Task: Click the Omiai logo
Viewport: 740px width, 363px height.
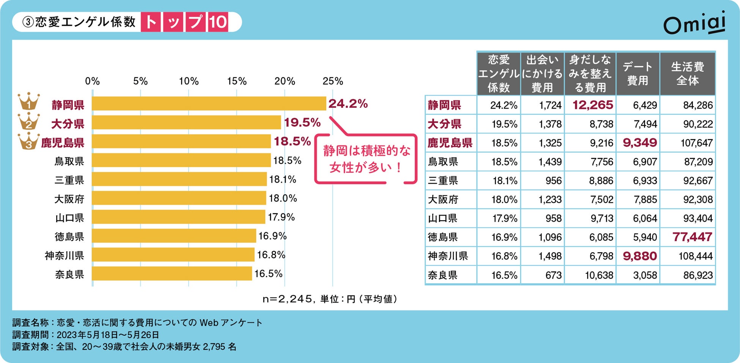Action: pyautogui.click(x=694, y=24)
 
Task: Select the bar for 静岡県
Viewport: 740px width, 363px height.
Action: pyautogui.click(x=209, y=104)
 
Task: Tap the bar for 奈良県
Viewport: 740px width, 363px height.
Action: pyautogui.click(x=172, y=274)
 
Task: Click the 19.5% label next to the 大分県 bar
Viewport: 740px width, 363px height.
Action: pyautogui.click(x=302, y=123)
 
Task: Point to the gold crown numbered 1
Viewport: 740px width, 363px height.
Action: pyautogui.click(x=29, y=102)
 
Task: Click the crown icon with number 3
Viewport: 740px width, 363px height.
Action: pyautogui.click(x=29, y=141)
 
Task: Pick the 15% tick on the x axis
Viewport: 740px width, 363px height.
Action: pyautogui.click(x=237, y=81)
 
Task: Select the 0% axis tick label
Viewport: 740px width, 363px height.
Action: pyautogui.click(x=92, y=81)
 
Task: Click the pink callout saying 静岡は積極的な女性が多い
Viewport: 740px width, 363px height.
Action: pyautogui.click(x=366, y=159)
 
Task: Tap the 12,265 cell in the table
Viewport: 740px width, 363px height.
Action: pyautogui.click(x=592, y=105)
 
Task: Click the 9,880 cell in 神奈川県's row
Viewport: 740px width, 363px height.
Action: pyautogui.click(x=639, y=256)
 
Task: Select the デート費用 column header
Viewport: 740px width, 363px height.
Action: pyautogui.click(x=638, y=74)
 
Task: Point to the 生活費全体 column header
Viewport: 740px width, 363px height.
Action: pyautogui.click(x=687, y=74)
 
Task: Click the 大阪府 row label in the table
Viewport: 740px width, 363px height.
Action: pyautogui.click(x=443, y=200)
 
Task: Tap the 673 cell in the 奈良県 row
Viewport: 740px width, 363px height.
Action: pyautogui.click(x=553, y=275)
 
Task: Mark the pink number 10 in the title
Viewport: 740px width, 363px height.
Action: pyautogui.click(x=218, y=22)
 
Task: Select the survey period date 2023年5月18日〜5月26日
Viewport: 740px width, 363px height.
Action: pyautogui.click(x=108, y=335)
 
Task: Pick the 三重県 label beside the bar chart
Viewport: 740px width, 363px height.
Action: pyautogui.click(x=69, y=180)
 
